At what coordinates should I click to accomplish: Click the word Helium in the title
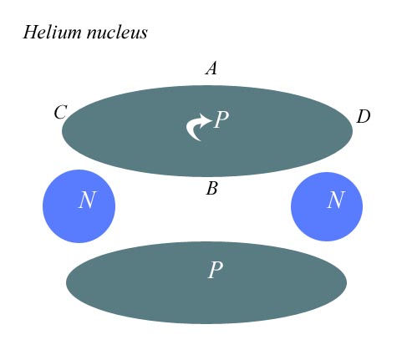pos(53,32)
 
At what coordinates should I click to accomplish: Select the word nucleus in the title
pos(117,33)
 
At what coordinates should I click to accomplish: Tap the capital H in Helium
pos(30,32)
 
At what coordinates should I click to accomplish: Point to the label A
pos(211,68)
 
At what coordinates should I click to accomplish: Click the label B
pos(211,188)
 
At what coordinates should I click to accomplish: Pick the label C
pos(60,113)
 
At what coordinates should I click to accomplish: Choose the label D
pos(364,116)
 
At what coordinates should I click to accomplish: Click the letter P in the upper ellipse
pos(221,119)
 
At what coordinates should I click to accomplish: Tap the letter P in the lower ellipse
pos(216,270)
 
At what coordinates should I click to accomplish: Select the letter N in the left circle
pos(87,200)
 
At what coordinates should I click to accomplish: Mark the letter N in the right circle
pos(336,200)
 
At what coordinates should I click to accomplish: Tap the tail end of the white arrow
pos(200,140)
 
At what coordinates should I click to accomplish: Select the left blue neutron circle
pos(79,206)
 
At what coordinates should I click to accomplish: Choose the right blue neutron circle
pos(327,206)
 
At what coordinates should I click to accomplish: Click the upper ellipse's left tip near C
pos(62,131)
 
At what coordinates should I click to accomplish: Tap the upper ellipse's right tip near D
pos(353,131)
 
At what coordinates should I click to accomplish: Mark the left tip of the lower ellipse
pos(66,282)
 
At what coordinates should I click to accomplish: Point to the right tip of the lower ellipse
pos(347,282)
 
